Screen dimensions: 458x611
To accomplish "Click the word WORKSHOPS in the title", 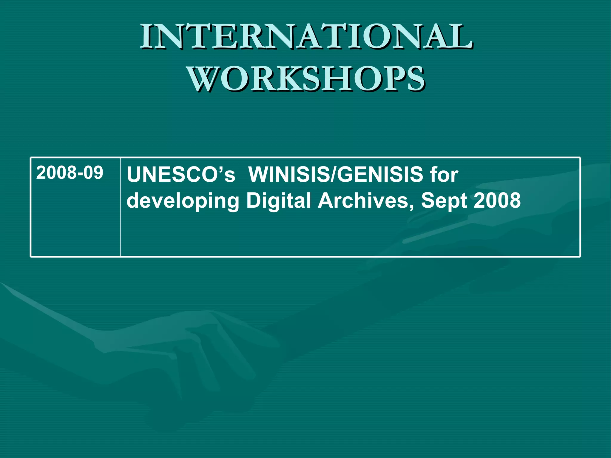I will (306, 79).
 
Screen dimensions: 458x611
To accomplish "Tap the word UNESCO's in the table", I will (181, 175).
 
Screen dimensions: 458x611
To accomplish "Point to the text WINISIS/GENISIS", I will (335, 175).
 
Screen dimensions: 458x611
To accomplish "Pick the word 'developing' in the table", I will (183, 201).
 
